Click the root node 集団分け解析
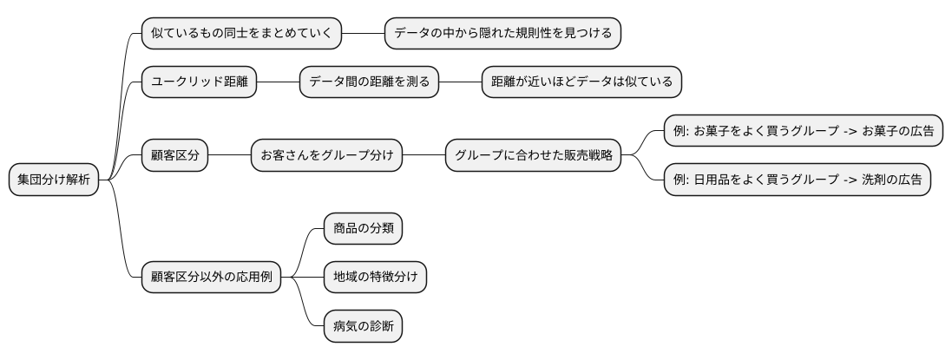coord(54,180)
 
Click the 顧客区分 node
coord(174,156)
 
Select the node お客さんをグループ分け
coord(326,156)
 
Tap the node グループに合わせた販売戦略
coord(534,156)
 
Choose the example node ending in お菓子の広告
coord(804,131)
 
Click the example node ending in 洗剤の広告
coord(798,180)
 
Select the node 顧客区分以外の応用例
coord(212,278)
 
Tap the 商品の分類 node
coord(363,229)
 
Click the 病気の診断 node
coord(363,326)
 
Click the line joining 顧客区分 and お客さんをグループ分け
coord(229,156)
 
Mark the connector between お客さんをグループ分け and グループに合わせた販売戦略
coord(424,156)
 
